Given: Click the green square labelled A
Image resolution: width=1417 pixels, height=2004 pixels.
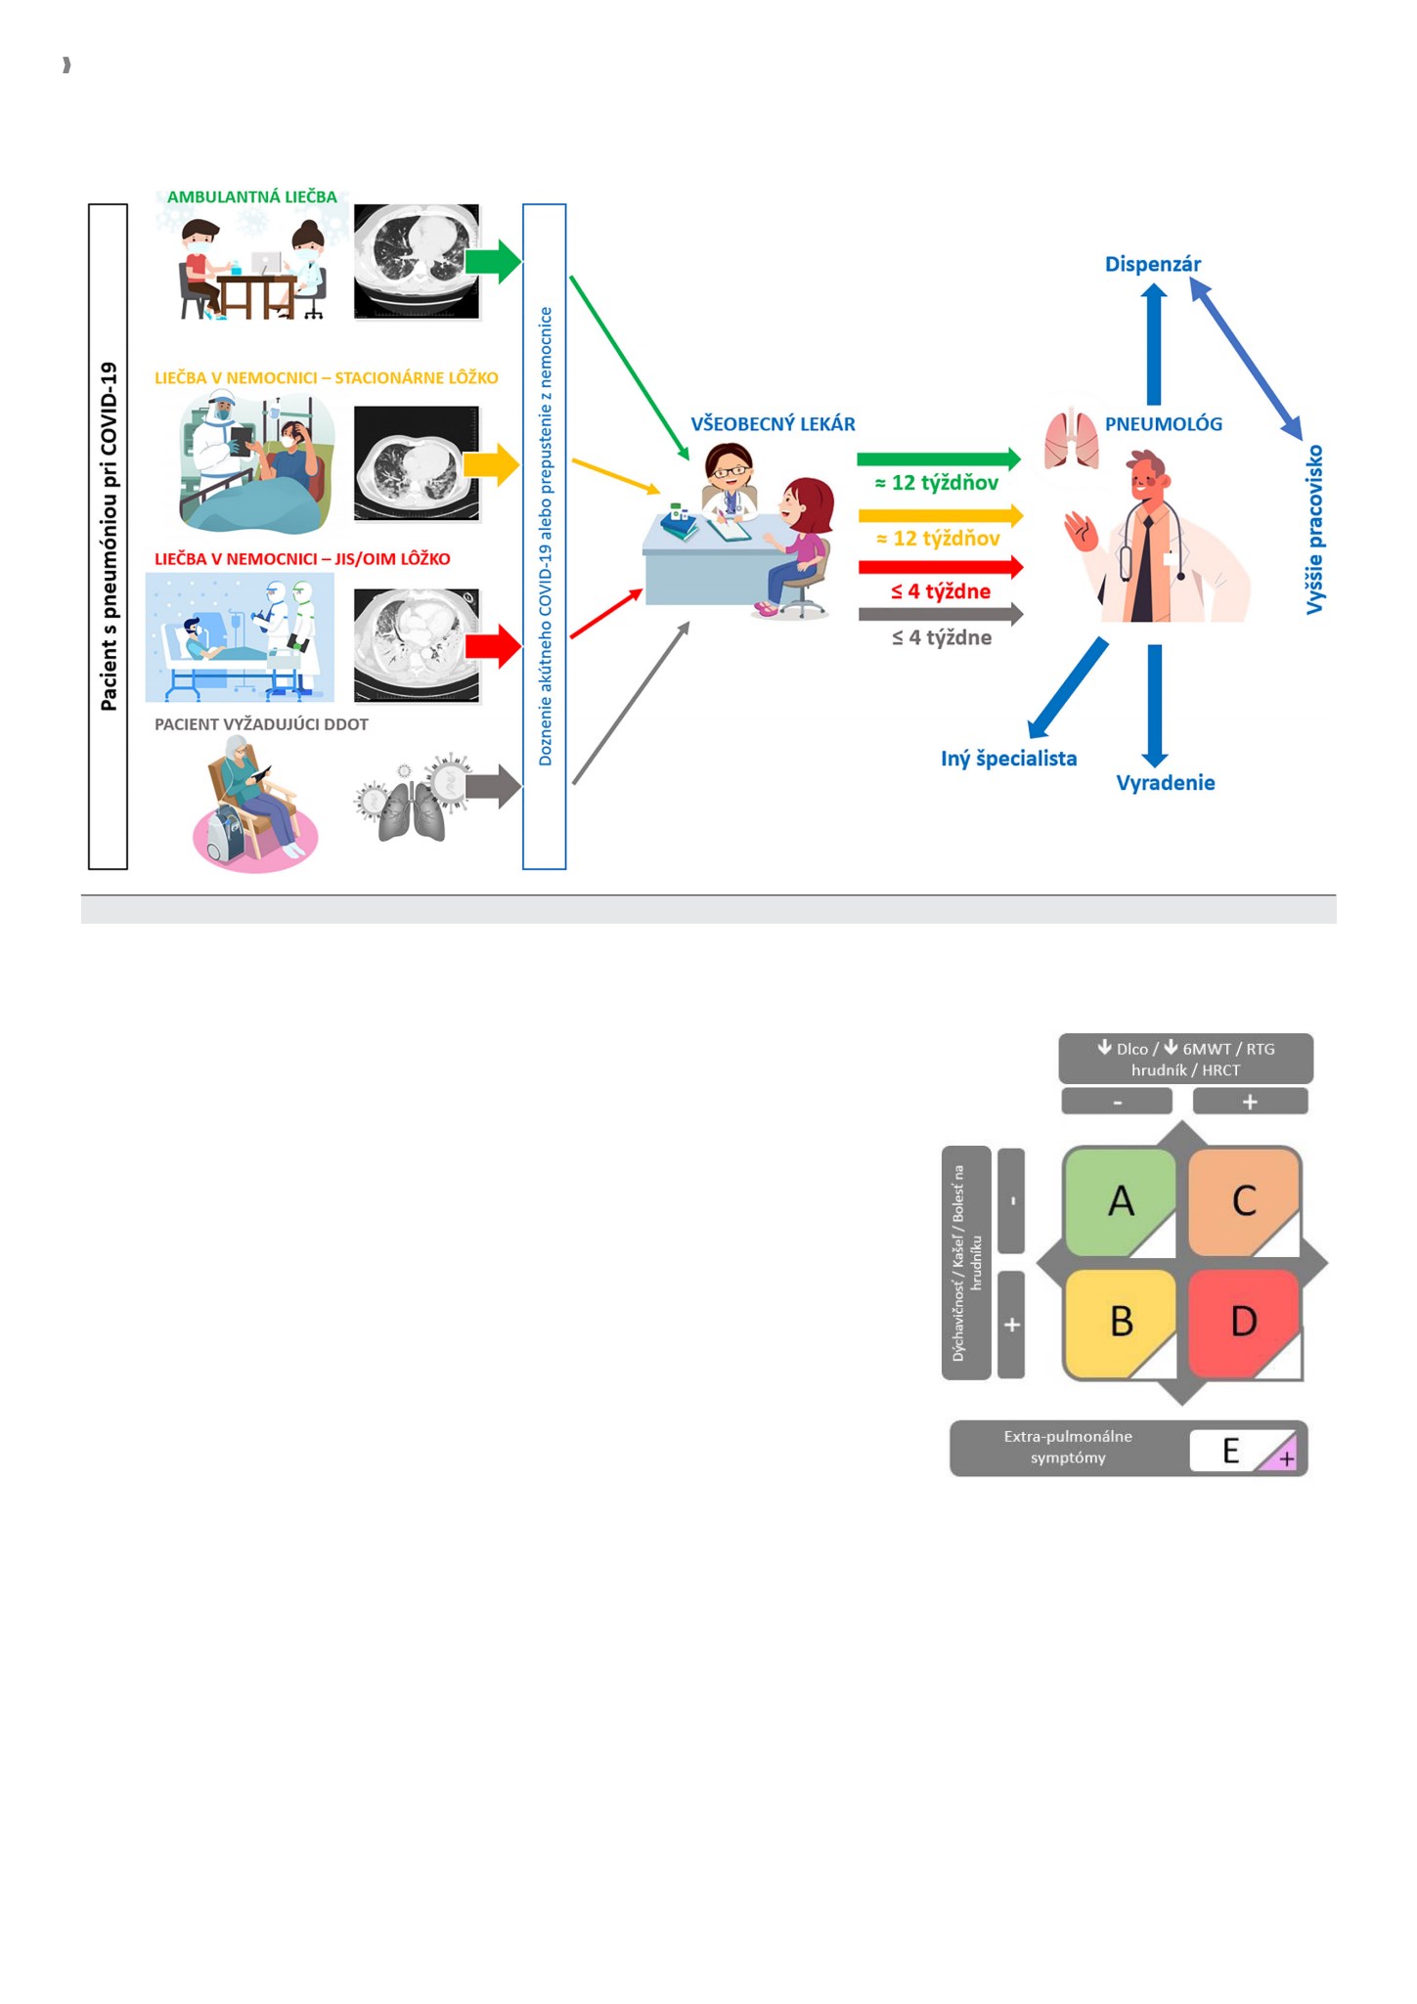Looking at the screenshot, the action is (x=1120, y=1201).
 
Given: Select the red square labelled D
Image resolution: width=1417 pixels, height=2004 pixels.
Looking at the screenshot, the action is (x=1245, y=1324).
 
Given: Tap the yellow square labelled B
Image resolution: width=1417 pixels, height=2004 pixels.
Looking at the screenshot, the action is (x=1120, y=1324).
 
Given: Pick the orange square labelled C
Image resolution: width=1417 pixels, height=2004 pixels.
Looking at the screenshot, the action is (x=1244, y=1201).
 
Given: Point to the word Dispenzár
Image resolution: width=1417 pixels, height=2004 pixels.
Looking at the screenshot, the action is (x=1153, y=264).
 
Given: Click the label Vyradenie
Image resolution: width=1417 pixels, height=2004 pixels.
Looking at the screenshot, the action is (x=1166, y=782).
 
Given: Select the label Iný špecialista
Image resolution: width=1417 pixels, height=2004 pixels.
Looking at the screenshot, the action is (x=1008, y=759).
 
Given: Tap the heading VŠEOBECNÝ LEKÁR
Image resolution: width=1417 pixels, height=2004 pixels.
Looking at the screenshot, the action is (x=773, y=424).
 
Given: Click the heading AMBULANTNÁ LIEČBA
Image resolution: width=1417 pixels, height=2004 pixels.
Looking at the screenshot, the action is (x=252, y=196).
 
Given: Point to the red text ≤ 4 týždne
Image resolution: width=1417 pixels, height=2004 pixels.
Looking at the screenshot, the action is (x=941, y=591).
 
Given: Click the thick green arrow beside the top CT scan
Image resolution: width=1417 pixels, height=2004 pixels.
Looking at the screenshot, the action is (x=493, y=262).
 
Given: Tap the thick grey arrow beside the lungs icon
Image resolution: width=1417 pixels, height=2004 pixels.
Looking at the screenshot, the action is (x=493, y=786).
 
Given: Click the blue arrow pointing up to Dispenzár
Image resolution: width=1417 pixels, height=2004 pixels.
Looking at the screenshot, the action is (x=1154, y=343).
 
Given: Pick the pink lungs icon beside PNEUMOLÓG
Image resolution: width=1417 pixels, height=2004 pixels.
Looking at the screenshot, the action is (x=1072, y=441).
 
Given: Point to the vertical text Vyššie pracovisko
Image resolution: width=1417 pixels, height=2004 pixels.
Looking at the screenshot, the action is (x=1314, y=529).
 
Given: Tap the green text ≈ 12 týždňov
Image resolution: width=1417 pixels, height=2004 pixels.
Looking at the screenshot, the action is (x=936, y=483).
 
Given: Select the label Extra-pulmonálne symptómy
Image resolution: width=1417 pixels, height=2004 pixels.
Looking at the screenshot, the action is (x=1068, y=1447).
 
